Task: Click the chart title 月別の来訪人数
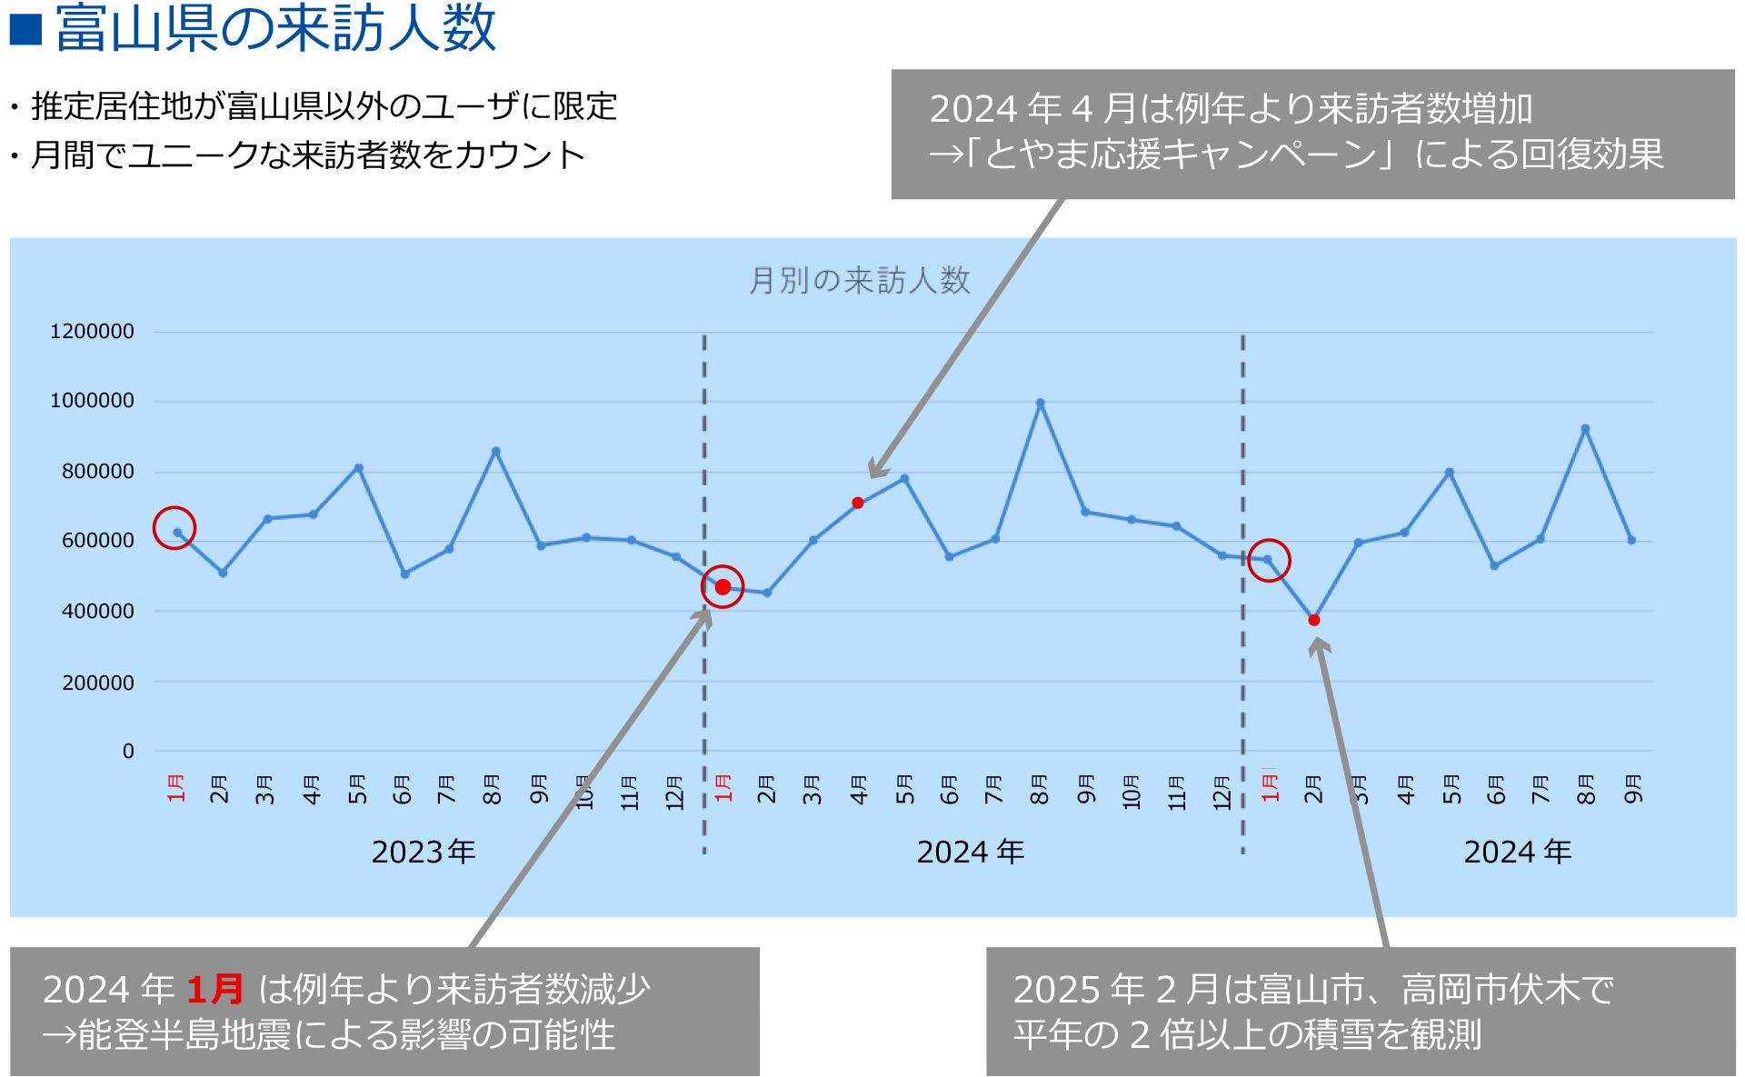[859, 281]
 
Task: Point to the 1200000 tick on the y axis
[92, 332]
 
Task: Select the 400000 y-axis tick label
[97, 612]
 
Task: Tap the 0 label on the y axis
[128, 752]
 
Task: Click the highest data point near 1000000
[1040, 404]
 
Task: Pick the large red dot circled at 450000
[723, 587]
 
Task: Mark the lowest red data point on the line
[1314, 620]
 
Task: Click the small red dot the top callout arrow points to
[858, 503]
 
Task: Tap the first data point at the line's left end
[177, 532]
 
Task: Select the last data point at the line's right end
[1631, 540]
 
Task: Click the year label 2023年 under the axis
[424, 852]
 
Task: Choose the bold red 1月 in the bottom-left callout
[214, 989]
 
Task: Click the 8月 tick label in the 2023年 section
[493, 789]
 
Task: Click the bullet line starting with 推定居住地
[324, 106]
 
